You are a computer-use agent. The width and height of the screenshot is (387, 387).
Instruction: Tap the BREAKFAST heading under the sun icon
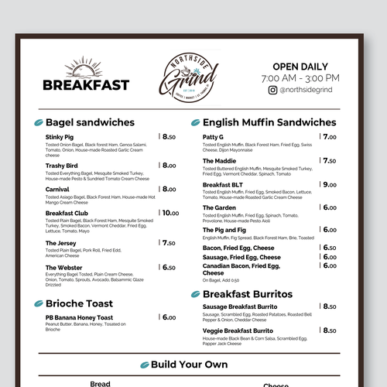tap(86, 85)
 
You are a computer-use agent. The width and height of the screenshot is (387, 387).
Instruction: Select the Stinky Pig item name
tap(60, 136)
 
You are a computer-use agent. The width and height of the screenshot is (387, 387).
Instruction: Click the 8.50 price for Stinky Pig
tap(170, 136)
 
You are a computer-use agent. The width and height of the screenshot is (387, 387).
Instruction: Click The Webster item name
tap(63, 267)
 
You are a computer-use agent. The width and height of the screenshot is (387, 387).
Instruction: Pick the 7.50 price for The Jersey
tap(170, 242)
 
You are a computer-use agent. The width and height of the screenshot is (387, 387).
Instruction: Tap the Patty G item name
tap(213, 137)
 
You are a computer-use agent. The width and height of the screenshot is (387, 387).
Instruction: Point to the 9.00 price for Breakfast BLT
tap(330, 184)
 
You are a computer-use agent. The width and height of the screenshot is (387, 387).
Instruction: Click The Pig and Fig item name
tap(224, 230)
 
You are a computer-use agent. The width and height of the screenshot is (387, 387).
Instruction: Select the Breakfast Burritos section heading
tap(247, 294)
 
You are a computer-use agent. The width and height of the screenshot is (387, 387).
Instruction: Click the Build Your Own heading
tap(190, 364)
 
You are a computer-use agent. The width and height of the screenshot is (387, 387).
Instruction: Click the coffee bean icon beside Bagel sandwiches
tap(36, 122)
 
